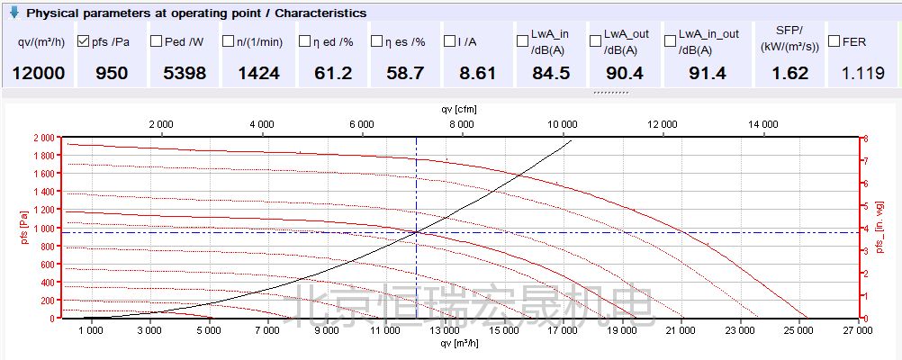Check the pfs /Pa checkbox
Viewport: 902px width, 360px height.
pos(84,41)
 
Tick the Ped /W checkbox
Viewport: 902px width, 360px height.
pos(156,41)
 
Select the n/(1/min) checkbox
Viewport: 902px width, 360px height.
pos(229,41)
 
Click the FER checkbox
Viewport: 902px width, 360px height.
pos(834,41)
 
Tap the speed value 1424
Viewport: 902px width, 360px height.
pos(258,73)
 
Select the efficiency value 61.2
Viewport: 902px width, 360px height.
pos(332,73)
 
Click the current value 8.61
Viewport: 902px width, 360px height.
pos(477,73)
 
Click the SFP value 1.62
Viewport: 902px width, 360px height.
pos(790,73)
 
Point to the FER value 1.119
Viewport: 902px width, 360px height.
pos(863,73)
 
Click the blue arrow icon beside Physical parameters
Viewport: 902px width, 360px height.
pos(14,13)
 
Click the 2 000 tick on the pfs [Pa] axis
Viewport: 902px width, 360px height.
pos(42,138)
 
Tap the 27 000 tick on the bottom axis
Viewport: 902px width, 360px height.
pos(858,330)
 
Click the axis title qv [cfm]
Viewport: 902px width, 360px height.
pos(459,109)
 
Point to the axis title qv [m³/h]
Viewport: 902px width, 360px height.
pos(459,343)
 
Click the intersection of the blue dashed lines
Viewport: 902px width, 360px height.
pos(416,232)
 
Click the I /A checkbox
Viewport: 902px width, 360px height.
pos(449,41)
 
